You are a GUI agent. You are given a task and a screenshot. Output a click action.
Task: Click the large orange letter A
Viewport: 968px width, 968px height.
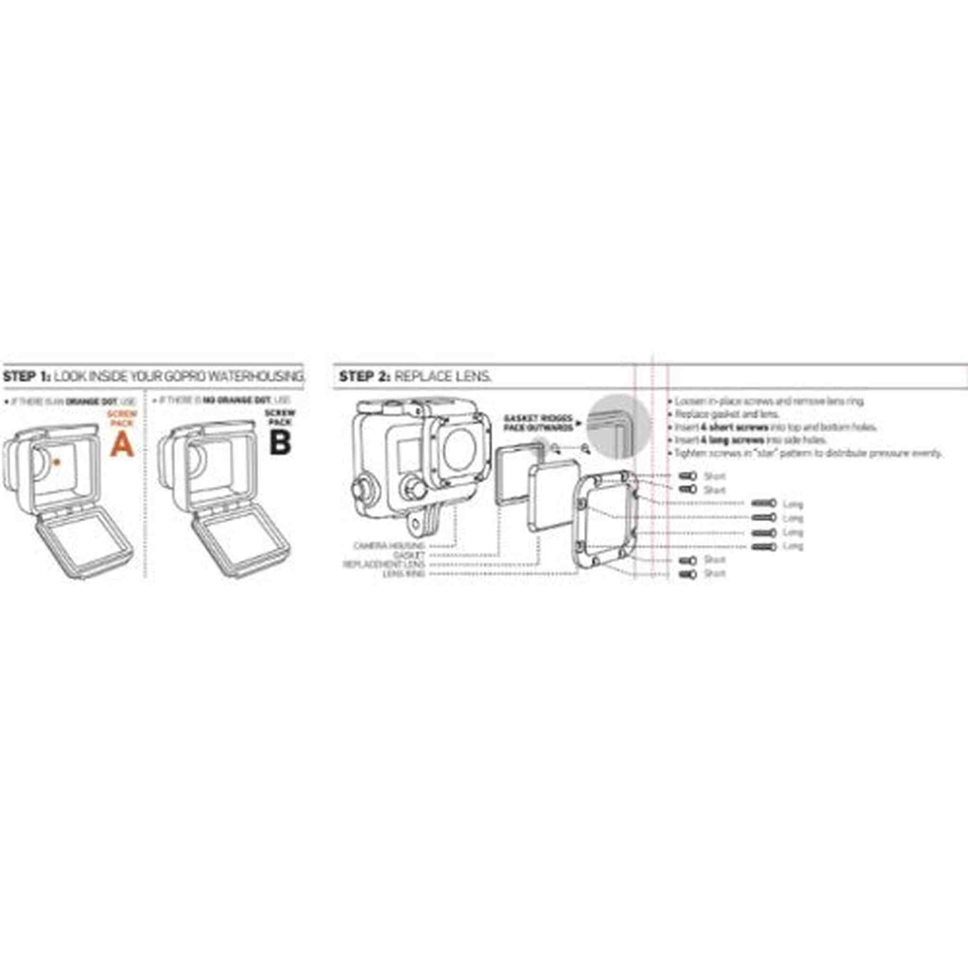point(122,444)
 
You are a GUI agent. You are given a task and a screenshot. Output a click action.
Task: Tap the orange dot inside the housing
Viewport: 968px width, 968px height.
point(57,462)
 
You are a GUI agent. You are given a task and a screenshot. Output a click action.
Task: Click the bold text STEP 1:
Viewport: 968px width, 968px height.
point(26,376)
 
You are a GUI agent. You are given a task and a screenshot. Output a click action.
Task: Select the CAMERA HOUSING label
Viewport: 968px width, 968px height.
point(389,545)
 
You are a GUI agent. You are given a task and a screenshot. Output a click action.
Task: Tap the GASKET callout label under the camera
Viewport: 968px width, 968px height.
point(409,554)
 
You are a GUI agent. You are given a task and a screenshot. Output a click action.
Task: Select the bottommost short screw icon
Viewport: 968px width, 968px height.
point(687,574)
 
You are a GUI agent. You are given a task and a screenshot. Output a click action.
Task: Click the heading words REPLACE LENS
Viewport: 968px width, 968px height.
point(442,376)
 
